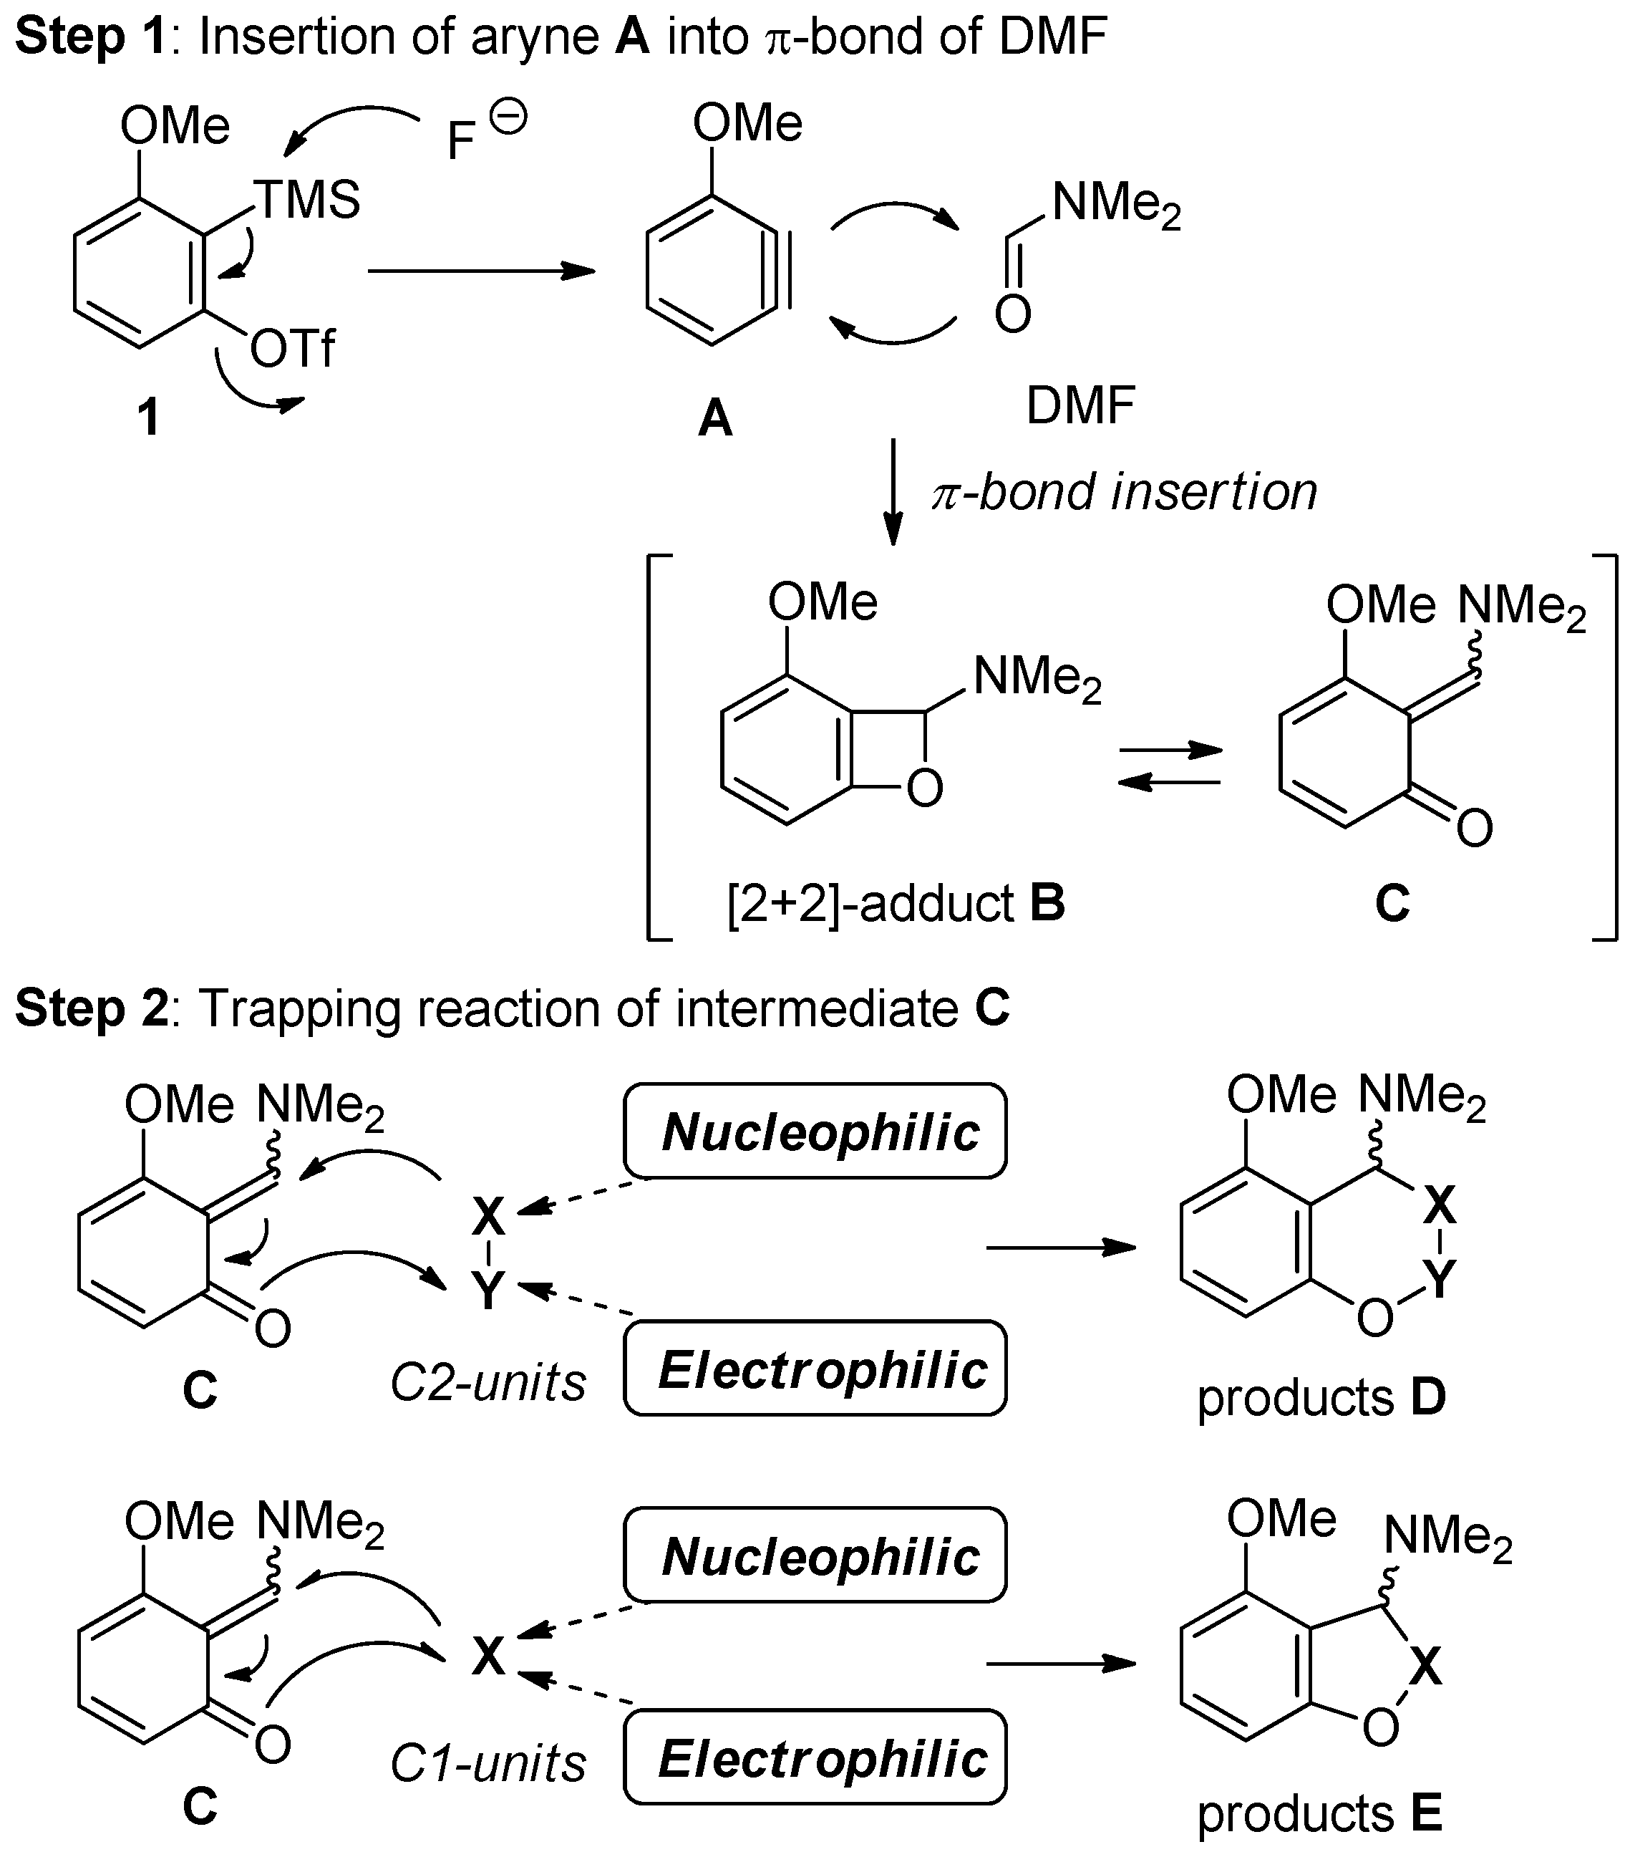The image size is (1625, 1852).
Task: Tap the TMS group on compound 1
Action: (x=306, y=199)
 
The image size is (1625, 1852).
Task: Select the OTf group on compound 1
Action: (x=291, y=348)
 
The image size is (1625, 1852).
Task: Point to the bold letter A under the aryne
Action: (x=714, y=420)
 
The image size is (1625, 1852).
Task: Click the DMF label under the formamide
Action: (x=1080, y=405)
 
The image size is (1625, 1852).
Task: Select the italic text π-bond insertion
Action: (x=1124, y=492)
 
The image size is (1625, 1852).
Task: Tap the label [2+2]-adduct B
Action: (x=895, y=902)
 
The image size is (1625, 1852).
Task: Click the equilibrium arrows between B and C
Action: (x=1170, y=766)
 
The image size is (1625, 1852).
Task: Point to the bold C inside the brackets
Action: (x=1392, y=902)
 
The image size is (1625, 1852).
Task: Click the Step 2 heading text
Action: (x=512, y=1008)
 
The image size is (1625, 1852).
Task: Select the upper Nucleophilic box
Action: (x=815, y=1132)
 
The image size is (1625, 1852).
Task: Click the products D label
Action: (x=1321, y=1397)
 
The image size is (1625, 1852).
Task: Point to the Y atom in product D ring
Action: (x=1438, y=1278)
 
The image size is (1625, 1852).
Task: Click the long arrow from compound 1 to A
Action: (x=481, y=271)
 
